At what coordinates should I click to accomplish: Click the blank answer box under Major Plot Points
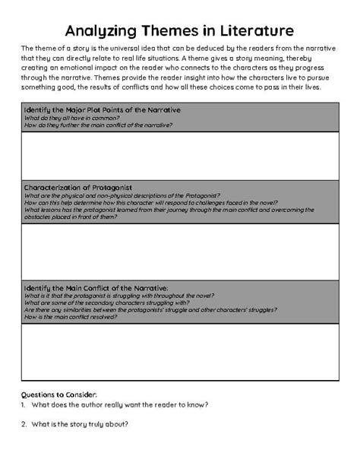pos(180,154)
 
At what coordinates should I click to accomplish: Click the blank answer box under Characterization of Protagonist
pos(180,252)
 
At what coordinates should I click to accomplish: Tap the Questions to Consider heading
pos(60,395)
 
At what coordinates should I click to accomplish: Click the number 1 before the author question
pos(24,404)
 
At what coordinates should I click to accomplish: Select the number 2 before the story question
pos(24,423)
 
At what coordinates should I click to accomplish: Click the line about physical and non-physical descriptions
pos(122,195)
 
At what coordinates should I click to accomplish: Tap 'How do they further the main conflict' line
pos(99,124)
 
